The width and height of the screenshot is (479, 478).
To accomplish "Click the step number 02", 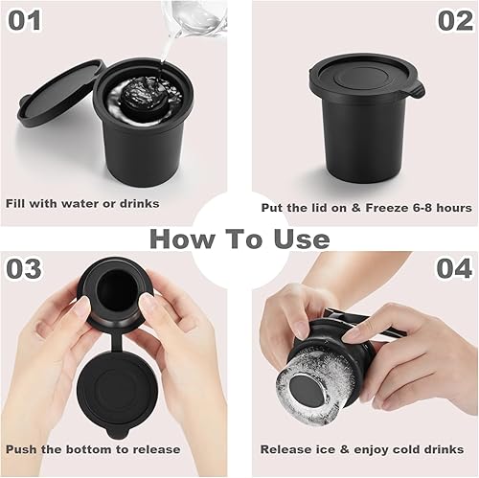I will point(453,19).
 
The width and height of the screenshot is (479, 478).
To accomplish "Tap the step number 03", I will point(28,268).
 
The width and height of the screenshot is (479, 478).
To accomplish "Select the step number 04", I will point(453,268).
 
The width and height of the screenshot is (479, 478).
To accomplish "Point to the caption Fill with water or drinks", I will point(82,203).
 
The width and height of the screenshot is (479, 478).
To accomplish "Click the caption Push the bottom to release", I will point(94,448).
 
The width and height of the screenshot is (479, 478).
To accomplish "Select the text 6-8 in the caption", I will point(415,207).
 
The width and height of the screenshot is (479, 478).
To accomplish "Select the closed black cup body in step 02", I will point(364,144).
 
